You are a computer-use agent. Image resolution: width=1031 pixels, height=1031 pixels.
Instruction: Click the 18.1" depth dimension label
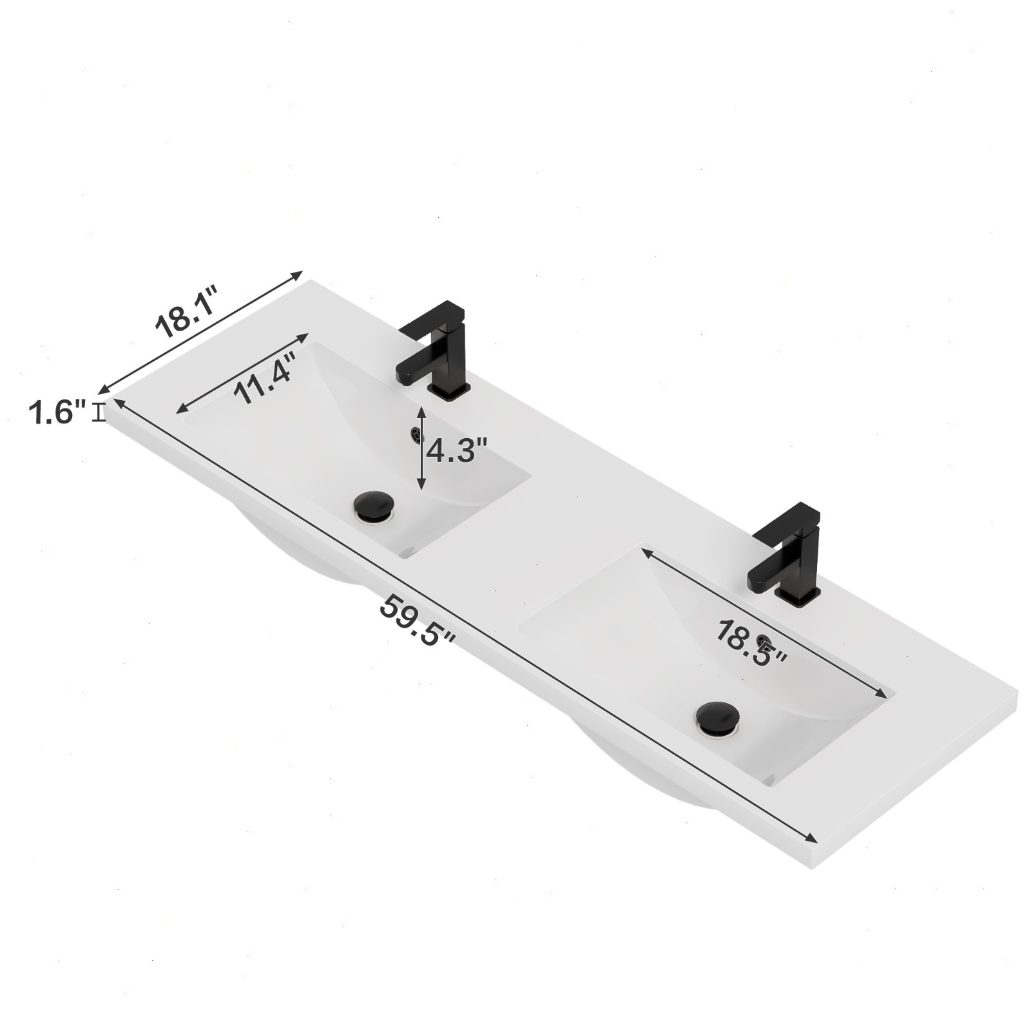point(186,315)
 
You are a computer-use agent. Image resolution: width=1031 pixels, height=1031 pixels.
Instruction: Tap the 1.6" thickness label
point(57,412)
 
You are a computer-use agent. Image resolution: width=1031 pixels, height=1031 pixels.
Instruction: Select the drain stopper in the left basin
point(374,505)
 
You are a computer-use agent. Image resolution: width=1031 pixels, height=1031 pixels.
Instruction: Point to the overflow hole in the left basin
point(416,434)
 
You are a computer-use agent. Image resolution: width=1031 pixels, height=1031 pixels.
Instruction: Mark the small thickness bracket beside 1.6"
point(99,412)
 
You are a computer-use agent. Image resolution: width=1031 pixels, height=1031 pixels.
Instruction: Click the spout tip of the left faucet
point(403,378)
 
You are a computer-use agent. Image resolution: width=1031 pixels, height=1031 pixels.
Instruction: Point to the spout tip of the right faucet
point(755,583)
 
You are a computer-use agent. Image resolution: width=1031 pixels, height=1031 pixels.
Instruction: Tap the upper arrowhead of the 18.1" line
point(299,274)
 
